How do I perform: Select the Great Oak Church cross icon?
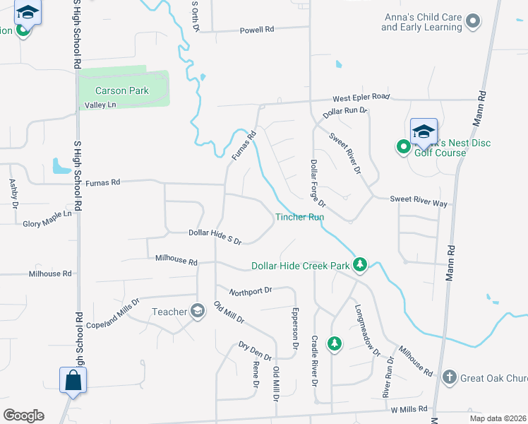[x=450, y=377]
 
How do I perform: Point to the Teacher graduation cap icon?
[x=198, y=311]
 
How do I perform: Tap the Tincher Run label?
[x=299, y=217]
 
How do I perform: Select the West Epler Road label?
[x=361, y=96]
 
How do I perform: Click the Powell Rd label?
[x=256, y=30]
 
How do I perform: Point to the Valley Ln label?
[x=100, y=105]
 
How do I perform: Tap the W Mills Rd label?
[x=409, y=408]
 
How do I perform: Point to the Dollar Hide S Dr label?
[x=215, y=236]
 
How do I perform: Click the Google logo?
[x=24, y=416]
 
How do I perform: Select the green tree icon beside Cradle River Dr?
[x=335, y=343]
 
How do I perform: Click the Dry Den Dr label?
[x=255, y=351]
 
